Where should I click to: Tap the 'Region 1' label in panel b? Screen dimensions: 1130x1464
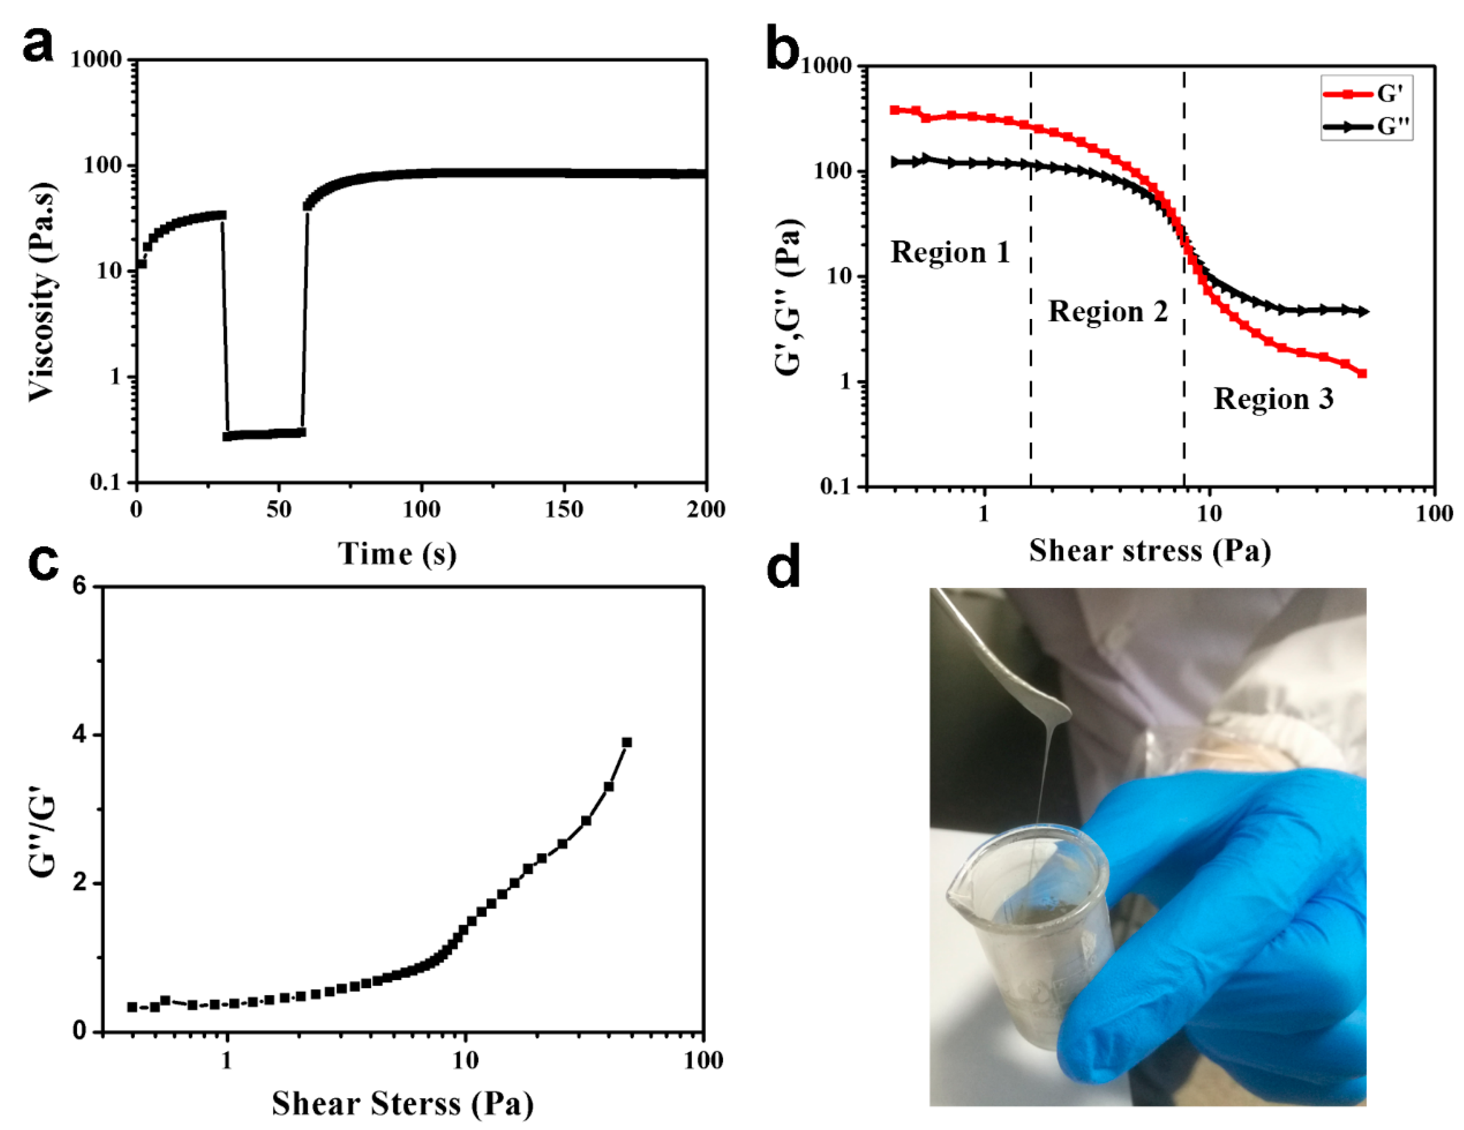[x=949, y=253]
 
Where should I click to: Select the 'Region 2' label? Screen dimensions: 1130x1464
[x=1107, y=312]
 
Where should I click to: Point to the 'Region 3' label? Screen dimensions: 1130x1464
[x=1273, y=399]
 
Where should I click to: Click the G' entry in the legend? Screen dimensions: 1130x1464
[x=1367, y=94]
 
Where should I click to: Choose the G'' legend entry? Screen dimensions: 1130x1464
[x=1367, y=127]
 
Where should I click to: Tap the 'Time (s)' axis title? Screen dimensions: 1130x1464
[x=397, y=554]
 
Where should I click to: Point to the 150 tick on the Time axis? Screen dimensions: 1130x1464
[x=564, y=510]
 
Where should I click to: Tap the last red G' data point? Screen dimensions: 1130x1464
[x=1361, y=373]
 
